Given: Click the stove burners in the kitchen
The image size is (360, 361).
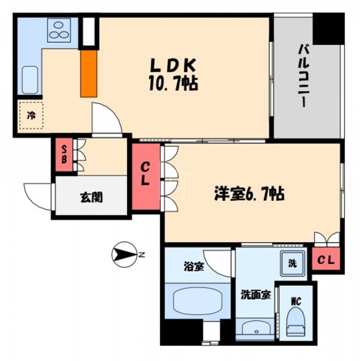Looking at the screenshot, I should [x=58, y=31].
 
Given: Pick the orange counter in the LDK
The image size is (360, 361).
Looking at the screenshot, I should [x=87, y=74].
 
